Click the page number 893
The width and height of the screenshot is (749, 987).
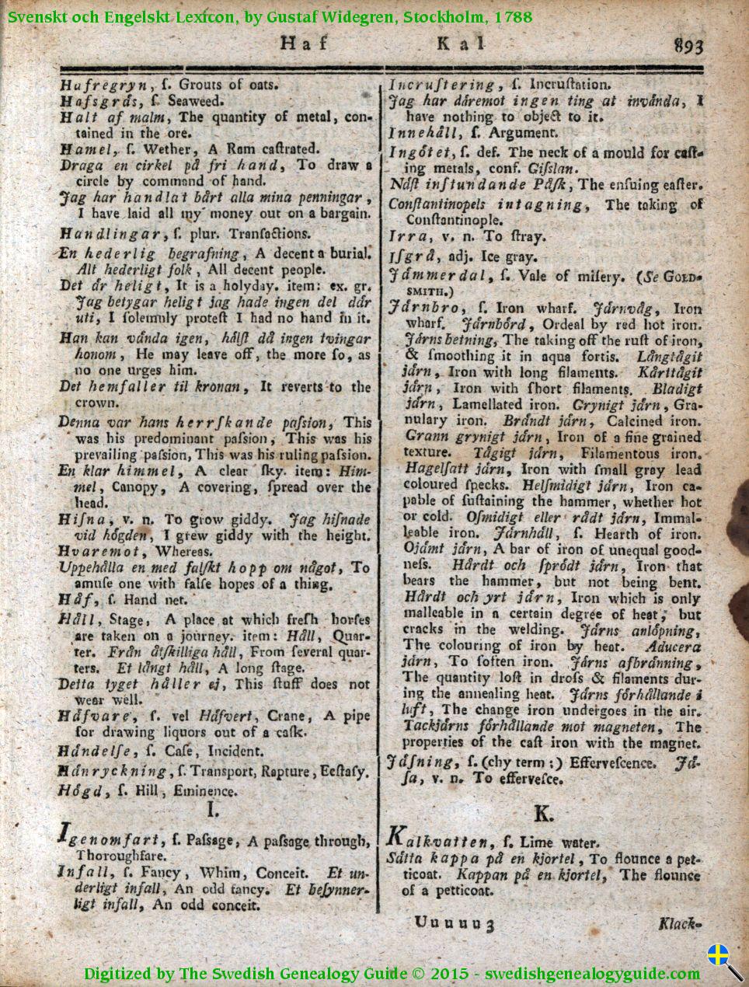689,46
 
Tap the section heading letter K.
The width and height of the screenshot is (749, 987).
543,813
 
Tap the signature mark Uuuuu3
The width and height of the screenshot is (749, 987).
455,923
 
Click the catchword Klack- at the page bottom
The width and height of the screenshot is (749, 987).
679,923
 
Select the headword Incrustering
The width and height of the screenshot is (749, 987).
441,84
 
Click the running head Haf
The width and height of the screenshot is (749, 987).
303,44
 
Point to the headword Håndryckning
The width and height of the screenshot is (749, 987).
112,771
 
